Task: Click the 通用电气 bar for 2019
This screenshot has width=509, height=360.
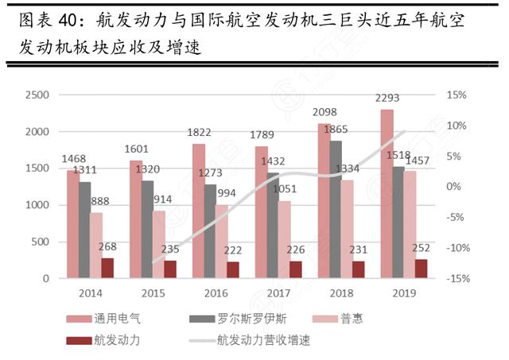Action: [387, 194]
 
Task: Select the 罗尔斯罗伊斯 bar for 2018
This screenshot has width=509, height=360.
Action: [336, 210]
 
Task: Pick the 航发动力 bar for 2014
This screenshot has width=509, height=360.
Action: [107, 268]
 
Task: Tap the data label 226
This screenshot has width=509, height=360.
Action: [295, 247]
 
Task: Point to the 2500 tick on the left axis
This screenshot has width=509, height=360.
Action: [39, 95]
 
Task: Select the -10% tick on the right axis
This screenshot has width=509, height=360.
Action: [454, 248]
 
